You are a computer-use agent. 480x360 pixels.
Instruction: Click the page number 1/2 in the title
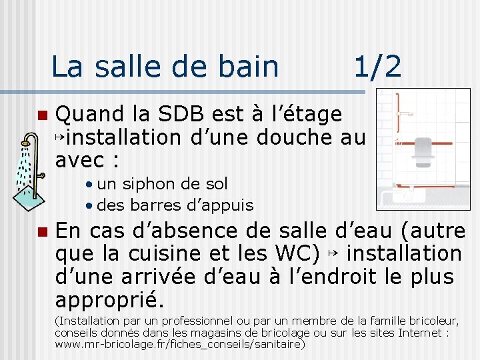click(377, 67)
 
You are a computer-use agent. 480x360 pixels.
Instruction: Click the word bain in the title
click(250, 67)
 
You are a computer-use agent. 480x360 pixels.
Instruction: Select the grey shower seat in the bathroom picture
click(421, 149)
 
